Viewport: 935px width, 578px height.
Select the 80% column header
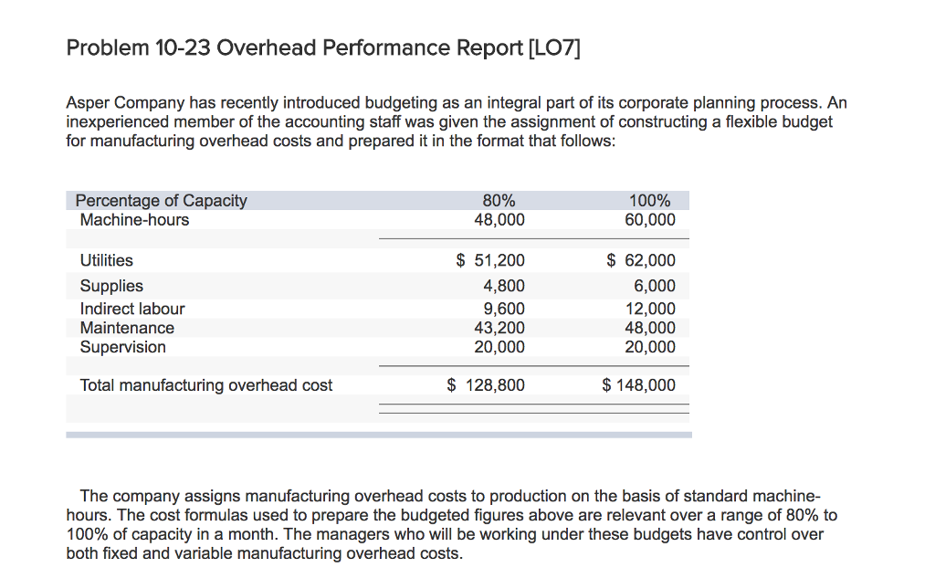(499, 201)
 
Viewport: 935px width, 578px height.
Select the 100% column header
(650, 201)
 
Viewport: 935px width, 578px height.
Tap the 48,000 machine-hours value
(499, 220)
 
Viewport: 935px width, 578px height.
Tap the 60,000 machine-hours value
(650, 220)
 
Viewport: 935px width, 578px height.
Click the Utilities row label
(106, 260)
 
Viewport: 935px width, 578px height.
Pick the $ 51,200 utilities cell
(490, 260)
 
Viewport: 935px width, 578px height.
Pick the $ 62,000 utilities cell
(642, 260)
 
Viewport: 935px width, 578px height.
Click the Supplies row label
(111, 286)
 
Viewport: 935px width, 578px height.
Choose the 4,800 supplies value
(504, 286)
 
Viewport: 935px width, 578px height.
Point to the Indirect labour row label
(132, 309)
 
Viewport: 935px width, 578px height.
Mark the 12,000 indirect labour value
(650, 309)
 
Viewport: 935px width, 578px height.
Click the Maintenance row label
(127, 328)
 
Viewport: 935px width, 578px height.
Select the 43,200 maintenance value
(499, 328)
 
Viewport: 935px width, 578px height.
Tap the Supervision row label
(123, 347)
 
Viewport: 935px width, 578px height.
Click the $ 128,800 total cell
(486, 385)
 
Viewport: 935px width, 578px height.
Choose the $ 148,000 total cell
(639, 385)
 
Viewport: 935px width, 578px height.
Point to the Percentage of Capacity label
(161, 201)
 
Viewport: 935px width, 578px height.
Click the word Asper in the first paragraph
(88, 103)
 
